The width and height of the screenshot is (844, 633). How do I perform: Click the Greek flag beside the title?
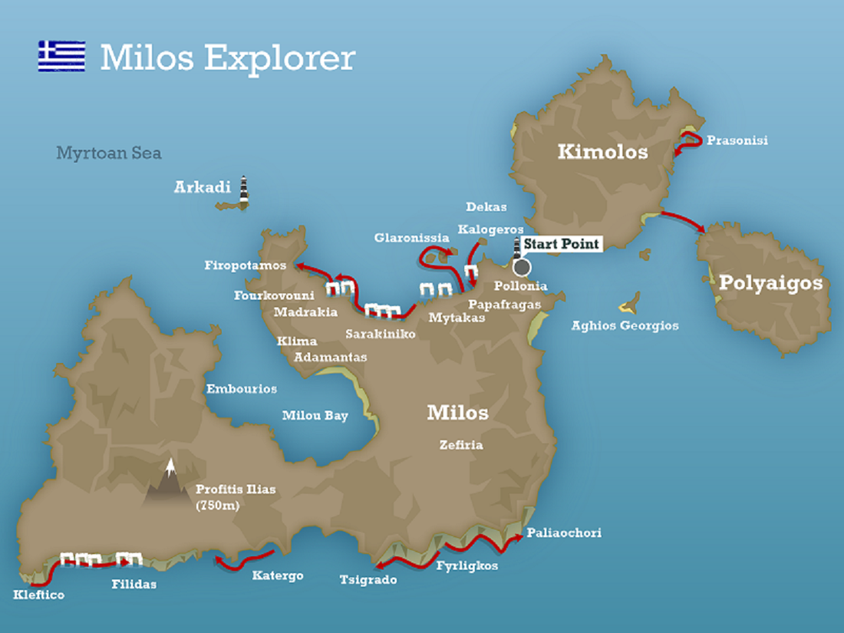tap(61, 56)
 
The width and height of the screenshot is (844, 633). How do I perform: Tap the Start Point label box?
tap(561, 244)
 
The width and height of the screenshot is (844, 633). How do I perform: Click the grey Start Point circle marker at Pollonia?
tap(522, 267)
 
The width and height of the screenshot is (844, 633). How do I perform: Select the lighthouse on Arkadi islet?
tap(244, 191)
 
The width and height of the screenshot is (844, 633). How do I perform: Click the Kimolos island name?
tap(602, 152)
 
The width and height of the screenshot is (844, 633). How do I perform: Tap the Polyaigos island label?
tap(770, 283)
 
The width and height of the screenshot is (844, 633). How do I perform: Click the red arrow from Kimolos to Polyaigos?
tap(683, 220)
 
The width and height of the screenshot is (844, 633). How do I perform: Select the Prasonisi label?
tap(737, 140)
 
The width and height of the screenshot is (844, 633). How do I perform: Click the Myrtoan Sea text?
tap(108, 153)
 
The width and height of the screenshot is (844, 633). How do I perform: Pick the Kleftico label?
tap(39, 595)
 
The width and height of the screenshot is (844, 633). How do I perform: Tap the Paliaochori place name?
tap(564, 532)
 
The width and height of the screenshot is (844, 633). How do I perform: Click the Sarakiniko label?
tap(381, 334)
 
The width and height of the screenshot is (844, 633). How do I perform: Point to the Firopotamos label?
tap(245, 265)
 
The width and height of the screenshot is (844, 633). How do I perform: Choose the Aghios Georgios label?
tap(625, 325)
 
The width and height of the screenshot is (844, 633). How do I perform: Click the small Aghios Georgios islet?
tap(631, 303)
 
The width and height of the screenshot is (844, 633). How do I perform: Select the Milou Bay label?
tap(315, 416)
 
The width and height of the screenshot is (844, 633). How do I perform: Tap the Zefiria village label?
tap(461, 444)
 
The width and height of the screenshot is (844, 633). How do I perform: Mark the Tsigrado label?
tap(368, 580)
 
